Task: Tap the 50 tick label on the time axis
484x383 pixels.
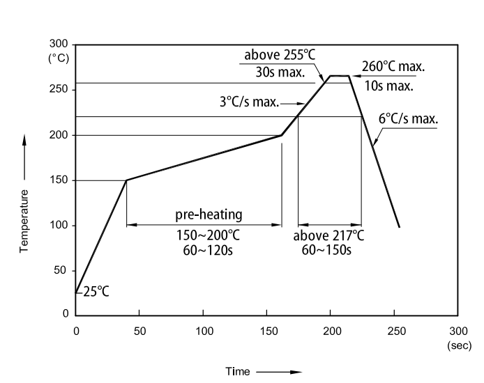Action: pyautogui.click(x=139, y=330)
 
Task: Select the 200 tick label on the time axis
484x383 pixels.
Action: pyautogui.click(x=331, y=330)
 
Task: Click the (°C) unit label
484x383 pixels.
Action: pyautogui.click(x=59, y=58)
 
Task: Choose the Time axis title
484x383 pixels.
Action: pyautogui.click(x=237, y=372)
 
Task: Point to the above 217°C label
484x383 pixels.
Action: pyautogui.click(x=329, y=235)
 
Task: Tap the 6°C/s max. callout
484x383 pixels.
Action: pyautogui.click(x=409, y=118)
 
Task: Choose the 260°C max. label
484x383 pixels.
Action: pyautogui.click(x=393, y=68)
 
